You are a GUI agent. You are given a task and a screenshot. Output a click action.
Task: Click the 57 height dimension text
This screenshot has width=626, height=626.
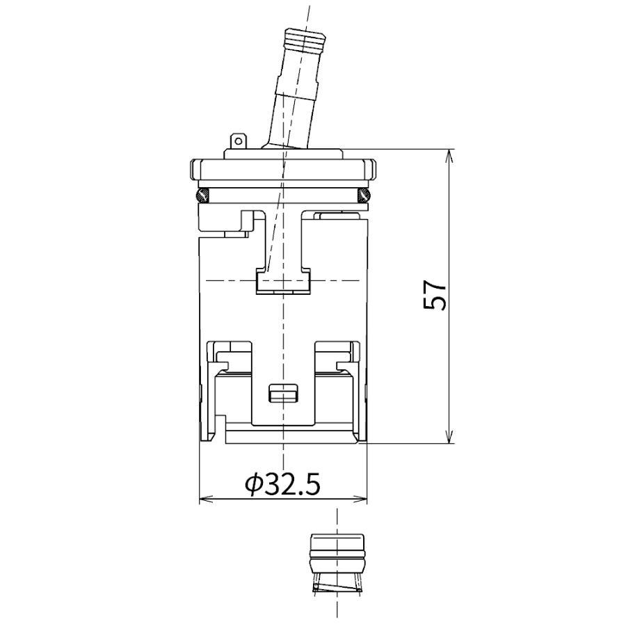(x=433, y=295)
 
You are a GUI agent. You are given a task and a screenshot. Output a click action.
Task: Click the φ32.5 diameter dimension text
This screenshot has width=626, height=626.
(x=282, y=484)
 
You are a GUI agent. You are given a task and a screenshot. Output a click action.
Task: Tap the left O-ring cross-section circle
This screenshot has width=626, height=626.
(x=202, y=195)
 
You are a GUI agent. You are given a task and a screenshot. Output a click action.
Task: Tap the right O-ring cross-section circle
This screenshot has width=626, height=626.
(x=364, y=195)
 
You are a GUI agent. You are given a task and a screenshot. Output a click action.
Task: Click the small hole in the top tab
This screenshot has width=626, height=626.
(x=239, y=141)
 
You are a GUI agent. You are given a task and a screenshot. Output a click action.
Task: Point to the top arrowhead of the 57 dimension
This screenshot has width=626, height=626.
(x=450, y=155)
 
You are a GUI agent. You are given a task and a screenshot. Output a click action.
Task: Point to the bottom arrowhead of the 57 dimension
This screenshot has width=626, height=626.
(x=450, y=436)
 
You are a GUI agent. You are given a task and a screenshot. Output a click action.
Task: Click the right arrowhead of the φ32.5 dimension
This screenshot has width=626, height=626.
(x=360, y=499)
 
